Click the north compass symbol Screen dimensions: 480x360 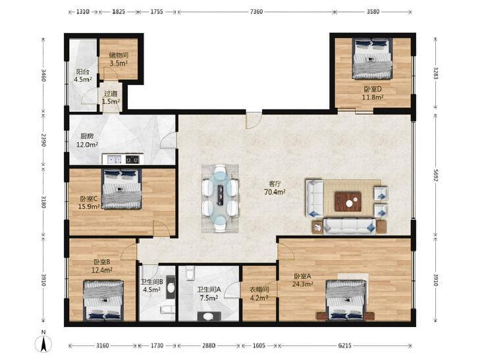point(43,343)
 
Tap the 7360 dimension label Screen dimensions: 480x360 point(256,12)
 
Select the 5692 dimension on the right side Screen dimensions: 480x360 point(436,174)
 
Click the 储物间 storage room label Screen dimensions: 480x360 point(119,55)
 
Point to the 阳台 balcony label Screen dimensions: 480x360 point(83,72)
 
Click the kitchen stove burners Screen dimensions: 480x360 point(132,159)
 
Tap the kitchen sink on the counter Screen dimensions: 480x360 point(114,159)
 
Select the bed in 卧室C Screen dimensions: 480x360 point(122,189)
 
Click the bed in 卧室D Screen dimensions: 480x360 point(372,58)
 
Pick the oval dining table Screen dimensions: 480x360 point(220,198)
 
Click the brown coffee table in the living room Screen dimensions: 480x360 point(348,201)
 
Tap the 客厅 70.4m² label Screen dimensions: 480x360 point(275,188)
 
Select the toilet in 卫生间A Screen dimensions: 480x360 point(209,316)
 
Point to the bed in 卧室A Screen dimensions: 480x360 point(346,300)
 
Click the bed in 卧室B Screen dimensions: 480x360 point(103,300)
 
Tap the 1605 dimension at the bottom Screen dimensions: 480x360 point(259,346)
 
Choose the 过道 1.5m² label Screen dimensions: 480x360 point(111,97)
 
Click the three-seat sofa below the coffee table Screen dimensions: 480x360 point(350,226)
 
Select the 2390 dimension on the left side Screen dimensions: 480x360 point(43,140)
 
